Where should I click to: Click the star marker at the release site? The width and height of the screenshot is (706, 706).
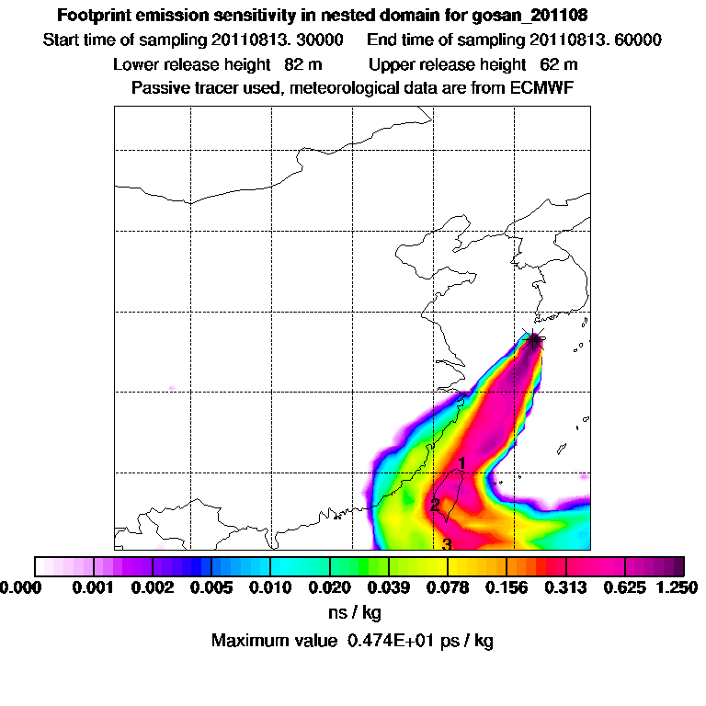(533, 340)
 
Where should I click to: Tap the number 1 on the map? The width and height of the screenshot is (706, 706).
(462, 462)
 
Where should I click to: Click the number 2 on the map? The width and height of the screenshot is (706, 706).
(435, 505)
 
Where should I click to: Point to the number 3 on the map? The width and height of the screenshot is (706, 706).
(447, 544)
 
